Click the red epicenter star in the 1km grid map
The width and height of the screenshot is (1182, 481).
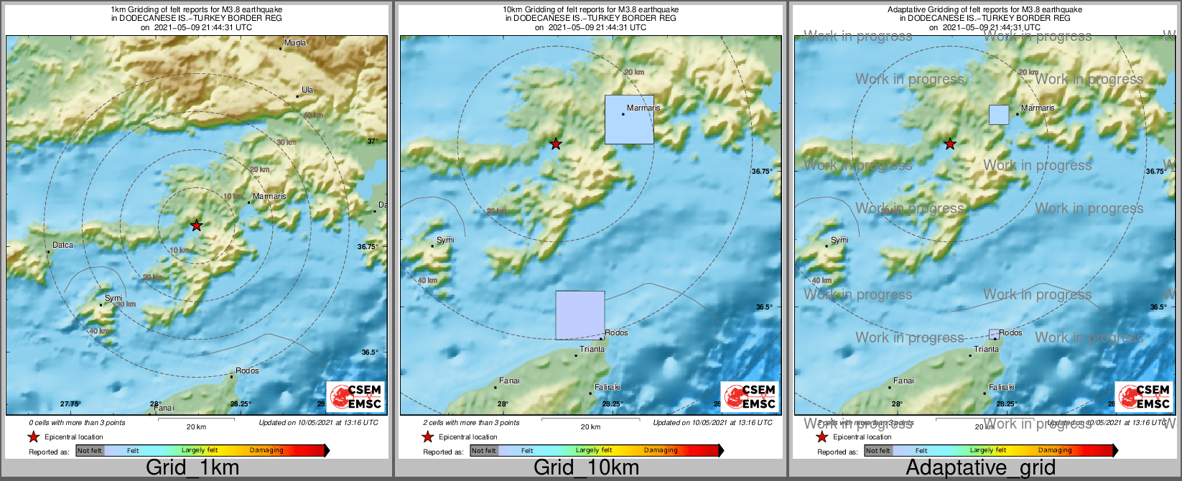(x=196, y=225)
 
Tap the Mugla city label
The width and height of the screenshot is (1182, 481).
(x=295, y=43)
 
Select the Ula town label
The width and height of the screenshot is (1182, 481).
(x=307, y=90)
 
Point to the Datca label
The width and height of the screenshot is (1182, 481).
(x=63, y=246)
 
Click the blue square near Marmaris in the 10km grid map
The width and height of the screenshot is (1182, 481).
(x=629, y=120)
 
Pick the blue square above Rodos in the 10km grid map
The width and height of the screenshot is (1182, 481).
(x=580, y=315)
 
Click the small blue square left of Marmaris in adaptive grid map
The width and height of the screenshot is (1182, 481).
(x=999, y=115)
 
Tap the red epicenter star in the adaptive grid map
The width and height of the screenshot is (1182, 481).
(x=950, y=144)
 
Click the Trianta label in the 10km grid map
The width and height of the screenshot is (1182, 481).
(x=592, y=350)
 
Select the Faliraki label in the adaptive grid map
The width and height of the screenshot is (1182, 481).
(x=1002, y=388)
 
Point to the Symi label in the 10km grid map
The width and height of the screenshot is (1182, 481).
(x=445, y=240)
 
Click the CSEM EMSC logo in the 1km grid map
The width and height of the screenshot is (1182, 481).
(x=355, y=396)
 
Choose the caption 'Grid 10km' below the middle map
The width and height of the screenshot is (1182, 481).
(x=586, y=468)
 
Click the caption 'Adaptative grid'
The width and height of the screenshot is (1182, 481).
(x=980, y=468)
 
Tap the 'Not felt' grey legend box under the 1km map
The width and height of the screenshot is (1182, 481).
(x=90, y=451)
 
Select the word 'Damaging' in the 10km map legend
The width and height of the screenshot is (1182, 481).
(x=661, y=451)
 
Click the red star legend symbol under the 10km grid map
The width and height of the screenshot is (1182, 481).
(x=428, y=437)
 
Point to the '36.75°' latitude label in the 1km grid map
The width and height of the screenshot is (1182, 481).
(x=368, y=247)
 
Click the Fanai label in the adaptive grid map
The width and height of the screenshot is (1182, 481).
(x=903, y=381)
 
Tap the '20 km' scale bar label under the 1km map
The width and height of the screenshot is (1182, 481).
(x=196, y=427)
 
